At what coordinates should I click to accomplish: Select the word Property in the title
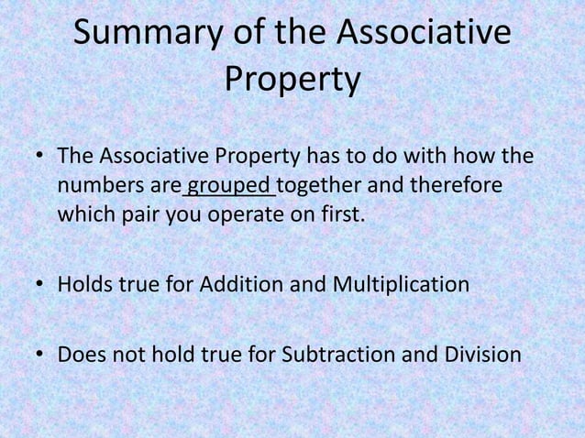(x=292, y=81)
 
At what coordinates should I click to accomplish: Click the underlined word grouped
(x=229, y=186)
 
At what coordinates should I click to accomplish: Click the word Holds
(x=86, y=284)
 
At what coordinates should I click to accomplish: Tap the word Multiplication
(x=401, y=284)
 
